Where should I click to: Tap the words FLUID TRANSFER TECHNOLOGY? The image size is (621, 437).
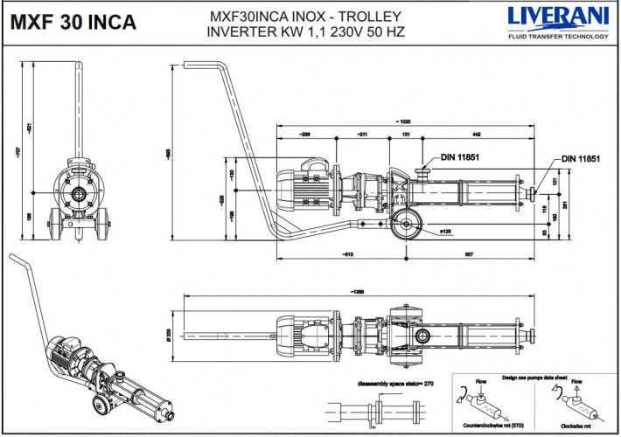558,37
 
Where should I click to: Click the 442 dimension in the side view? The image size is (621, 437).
476,135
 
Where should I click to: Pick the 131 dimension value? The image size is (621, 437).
406,135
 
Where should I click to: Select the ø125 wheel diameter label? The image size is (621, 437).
445,232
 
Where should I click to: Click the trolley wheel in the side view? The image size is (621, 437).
404,224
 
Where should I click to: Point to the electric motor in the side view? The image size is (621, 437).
302,186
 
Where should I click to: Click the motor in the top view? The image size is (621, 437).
302,333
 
